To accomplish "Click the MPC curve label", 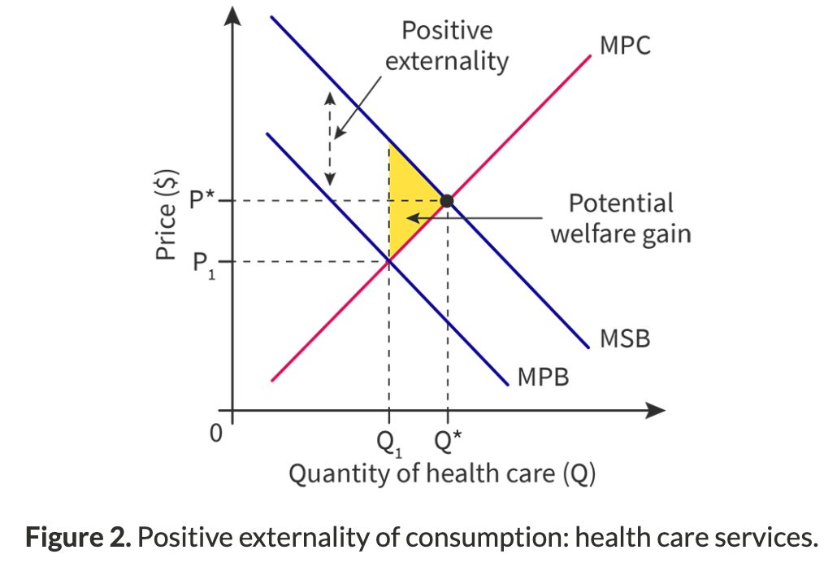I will pos(625,46).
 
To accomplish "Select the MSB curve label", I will pos(625,338).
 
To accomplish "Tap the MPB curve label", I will pos(543,377).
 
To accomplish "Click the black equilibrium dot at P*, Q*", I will pos(446,200).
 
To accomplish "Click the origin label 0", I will pos(215,433).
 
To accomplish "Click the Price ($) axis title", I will pos(167,219).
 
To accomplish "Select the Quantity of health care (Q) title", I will pos(443,473).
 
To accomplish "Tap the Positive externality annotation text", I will pos(446,46).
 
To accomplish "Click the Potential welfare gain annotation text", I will pos(620,218).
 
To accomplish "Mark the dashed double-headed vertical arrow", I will pos(330,138).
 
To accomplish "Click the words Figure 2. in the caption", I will pos(77,538).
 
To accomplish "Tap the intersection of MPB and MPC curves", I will pos(389,260).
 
